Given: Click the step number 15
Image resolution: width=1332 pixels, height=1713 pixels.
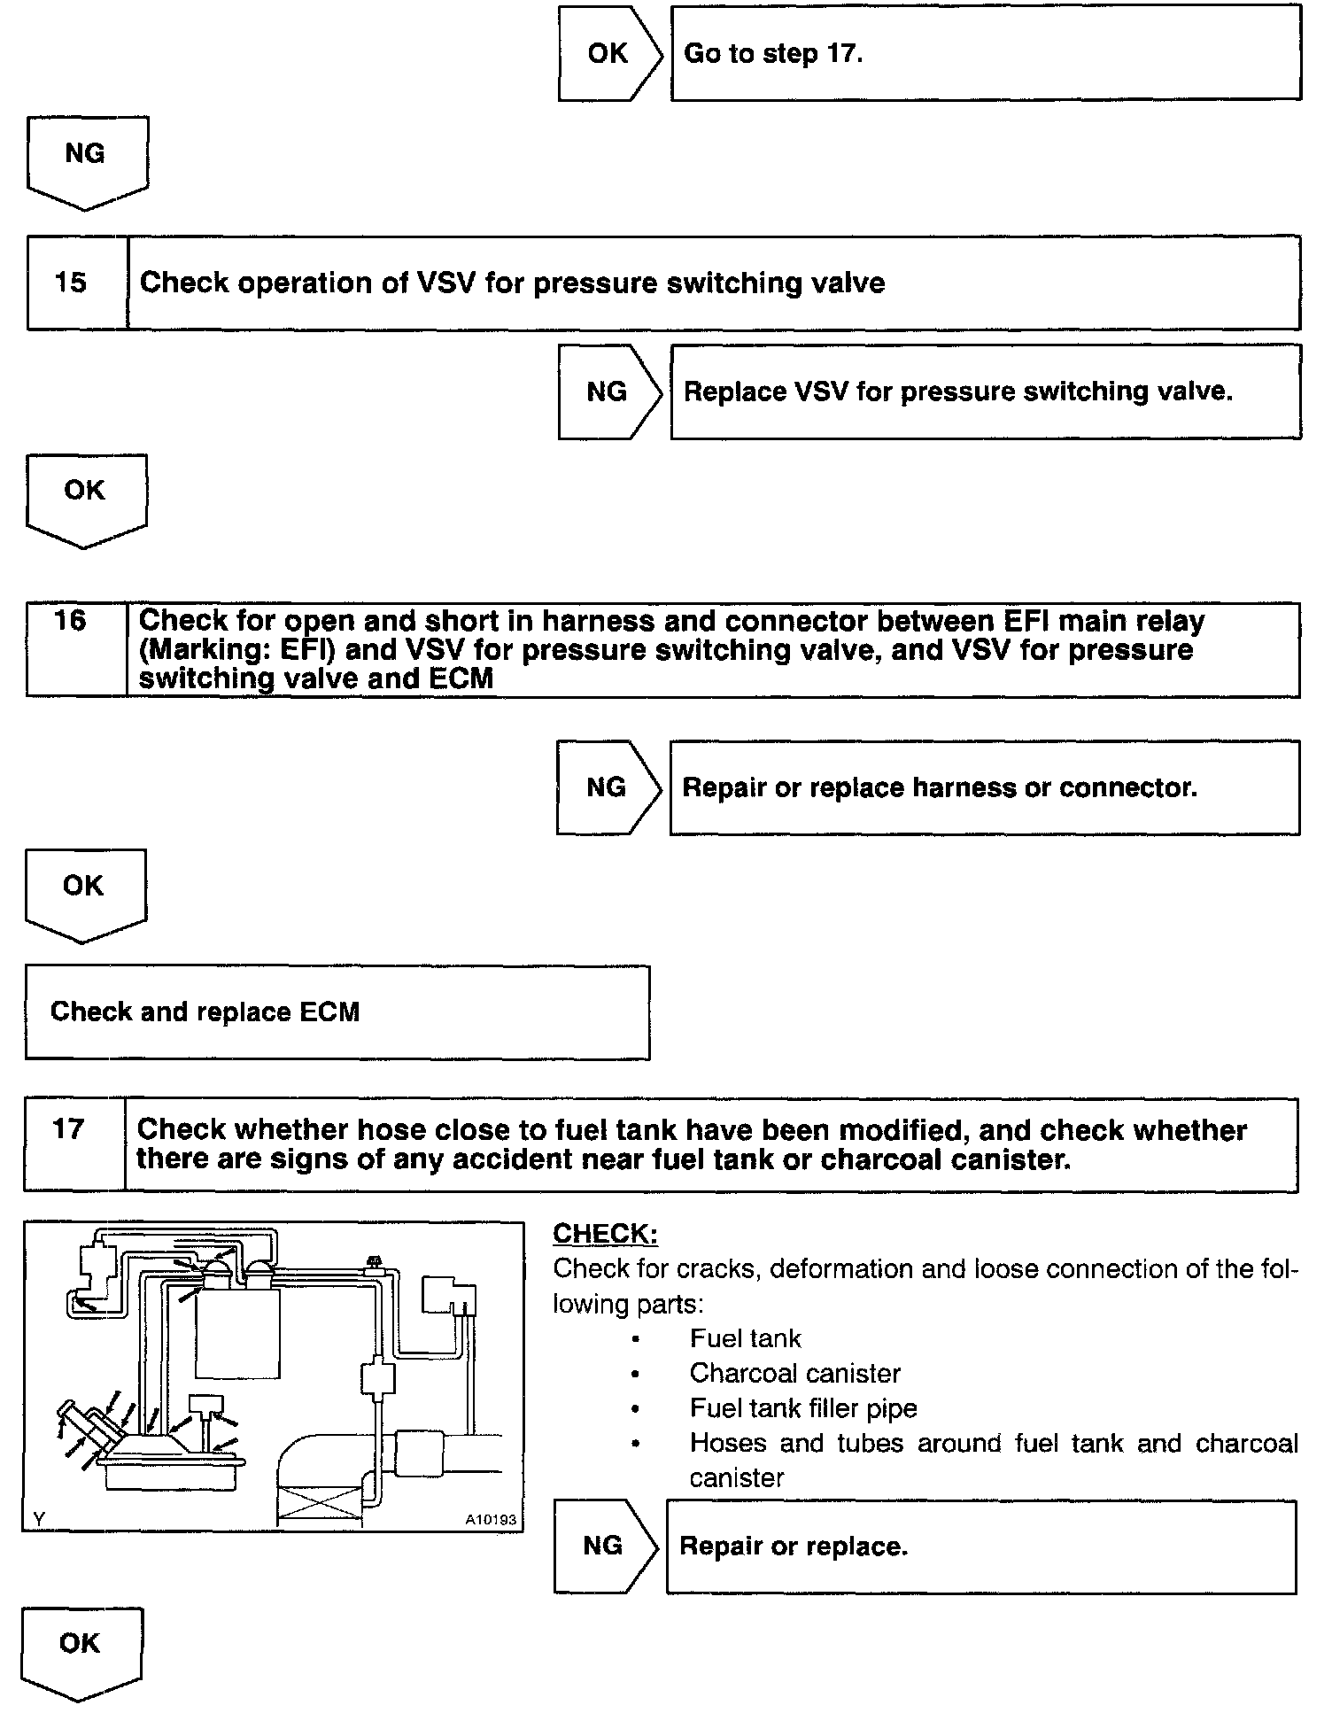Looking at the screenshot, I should coord(71,283).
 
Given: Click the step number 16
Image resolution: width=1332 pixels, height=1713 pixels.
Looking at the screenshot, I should coord(70,620).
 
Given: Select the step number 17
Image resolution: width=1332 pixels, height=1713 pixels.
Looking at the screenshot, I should coord(68,1129).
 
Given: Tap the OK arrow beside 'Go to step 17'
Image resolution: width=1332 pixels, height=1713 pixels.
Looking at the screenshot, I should coord(608,53).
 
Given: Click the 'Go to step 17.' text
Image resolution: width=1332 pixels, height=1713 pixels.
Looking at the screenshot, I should coord(773,53).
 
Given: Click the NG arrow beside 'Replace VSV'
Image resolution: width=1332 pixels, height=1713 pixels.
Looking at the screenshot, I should coord(608,391).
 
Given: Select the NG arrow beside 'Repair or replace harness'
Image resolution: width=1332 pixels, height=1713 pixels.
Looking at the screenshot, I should coord(607,787).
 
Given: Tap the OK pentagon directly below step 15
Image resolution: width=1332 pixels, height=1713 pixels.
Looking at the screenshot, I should coord(85,495).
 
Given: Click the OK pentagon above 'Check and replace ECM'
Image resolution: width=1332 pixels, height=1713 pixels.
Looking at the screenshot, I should coord(84,890).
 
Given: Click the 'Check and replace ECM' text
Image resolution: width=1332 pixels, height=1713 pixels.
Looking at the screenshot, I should coord(205,1012).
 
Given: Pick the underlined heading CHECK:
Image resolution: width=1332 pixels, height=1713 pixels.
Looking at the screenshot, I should coord(605,1234).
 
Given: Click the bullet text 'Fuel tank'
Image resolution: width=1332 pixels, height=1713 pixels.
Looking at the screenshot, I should coord(745,1338).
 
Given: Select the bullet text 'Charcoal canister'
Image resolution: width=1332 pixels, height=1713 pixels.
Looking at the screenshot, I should coord(794,1373).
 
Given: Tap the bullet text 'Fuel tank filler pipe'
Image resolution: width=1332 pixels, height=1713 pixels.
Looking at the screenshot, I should coord(803,1407).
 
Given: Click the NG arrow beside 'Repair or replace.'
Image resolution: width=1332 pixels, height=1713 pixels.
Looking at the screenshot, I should coord(604,1546).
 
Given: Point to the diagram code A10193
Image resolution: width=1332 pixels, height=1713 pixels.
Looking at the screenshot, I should coord(491,1520).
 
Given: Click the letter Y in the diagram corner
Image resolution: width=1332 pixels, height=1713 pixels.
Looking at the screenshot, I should coord(39,1519).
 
